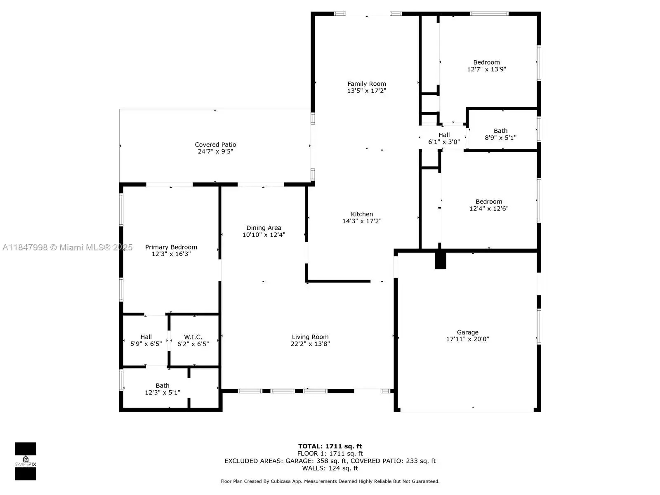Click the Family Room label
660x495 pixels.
(367, 84)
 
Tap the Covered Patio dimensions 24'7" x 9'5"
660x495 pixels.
(215, 151)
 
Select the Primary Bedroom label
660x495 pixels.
(171, 247)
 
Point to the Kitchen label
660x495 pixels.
(362, 214)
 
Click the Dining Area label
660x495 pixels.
(264, 228)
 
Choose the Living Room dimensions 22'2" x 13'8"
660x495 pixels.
(310, 344)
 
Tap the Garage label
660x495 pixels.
(467, 332)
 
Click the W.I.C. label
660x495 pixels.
(193, 337)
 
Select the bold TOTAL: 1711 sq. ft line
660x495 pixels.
(330, 446)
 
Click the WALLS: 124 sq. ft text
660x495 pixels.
(330, 468)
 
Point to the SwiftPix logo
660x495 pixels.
(26, 461)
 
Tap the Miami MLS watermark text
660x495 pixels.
(67, 247)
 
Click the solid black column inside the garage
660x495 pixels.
(441, 260)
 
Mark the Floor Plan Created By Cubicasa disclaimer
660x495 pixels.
(330, 481)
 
